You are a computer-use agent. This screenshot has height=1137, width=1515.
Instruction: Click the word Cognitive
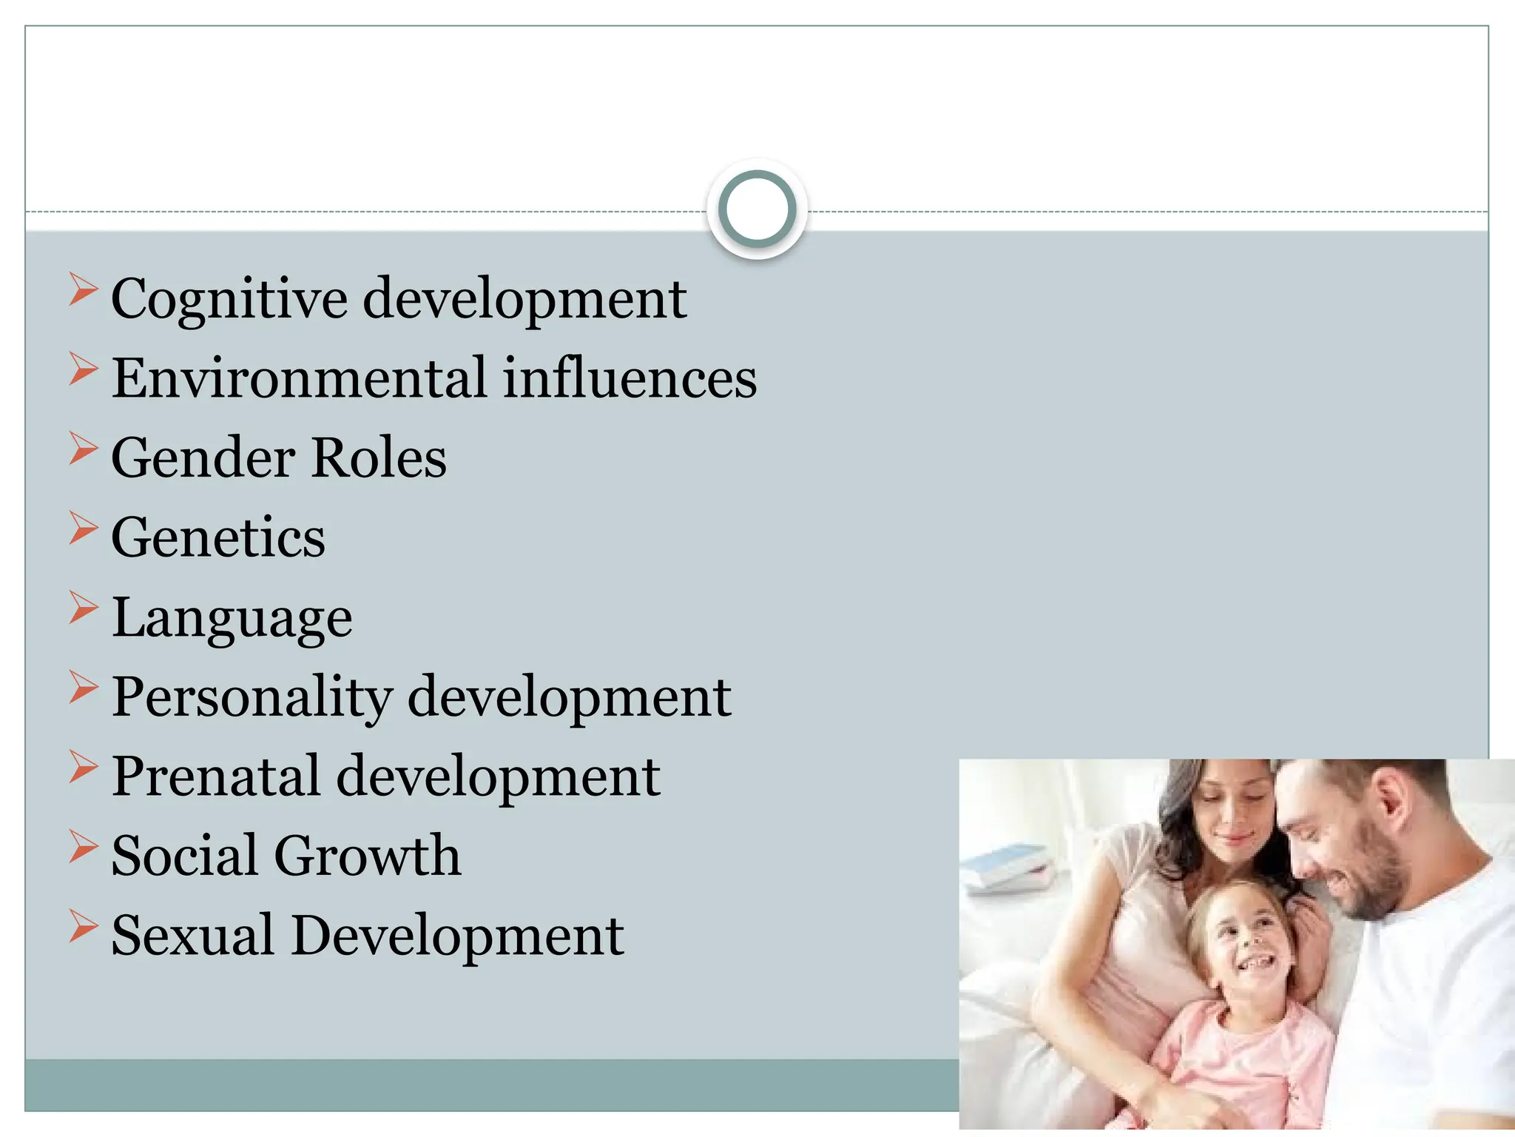(x=229, y=300)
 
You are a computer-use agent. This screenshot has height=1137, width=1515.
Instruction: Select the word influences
(x=630, y=378)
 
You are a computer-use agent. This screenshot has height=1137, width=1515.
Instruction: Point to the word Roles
(x=379, y=457)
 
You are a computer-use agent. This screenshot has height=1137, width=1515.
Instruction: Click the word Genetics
(x=218, y=537)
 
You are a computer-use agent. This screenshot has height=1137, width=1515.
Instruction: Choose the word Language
(x=232, y=619)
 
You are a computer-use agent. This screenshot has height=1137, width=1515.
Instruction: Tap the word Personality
(x=252, y=697)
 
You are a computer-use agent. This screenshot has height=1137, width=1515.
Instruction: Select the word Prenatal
(x=216, y=777)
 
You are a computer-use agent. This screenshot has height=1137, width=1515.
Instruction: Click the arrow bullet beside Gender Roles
(x=83, y=449)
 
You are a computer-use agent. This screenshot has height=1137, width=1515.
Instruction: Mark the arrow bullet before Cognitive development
(x=83, y=289)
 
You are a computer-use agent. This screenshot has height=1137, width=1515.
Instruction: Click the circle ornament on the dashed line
(x=757, y=209)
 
